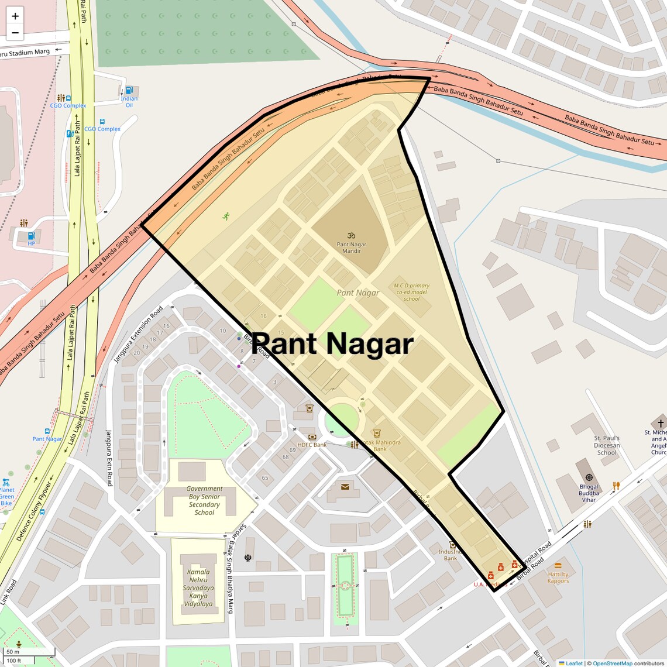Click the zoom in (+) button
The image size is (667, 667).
point(15,16)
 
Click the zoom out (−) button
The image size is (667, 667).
point(15,33)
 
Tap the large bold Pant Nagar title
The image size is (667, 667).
point(332,344)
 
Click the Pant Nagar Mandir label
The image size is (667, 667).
point(352,247)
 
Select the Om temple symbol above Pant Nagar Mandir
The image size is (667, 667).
point(352,235)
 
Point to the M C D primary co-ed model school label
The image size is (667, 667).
point(412,292)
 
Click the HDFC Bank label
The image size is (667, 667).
point(312,445)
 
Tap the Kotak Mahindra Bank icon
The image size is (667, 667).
point(377,434)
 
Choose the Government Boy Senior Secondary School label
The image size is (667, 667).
point(204,500)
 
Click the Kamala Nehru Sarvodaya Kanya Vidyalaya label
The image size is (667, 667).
point(198,587)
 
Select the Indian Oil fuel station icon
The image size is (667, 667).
point(129,91)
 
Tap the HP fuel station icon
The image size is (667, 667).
point(32,235)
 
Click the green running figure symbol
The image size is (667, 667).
point(226,216)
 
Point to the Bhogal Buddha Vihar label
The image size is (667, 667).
point(589,493)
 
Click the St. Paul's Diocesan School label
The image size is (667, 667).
point(607,445)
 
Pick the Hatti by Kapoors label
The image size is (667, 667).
point(558,577)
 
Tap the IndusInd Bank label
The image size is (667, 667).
point(450,555)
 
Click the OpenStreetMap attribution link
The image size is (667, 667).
point(613,663)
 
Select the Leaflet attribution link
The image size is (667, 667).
point(574,663)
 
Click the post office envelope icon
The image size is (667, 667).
point(345,487)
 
